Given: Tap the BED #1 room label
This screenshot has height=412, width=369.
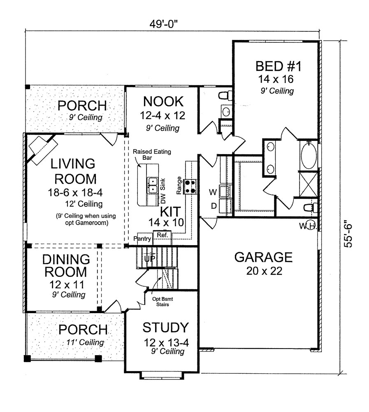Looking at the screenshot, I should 275,66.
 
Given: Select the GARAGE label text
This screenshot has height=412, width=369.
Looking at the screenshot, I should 263,257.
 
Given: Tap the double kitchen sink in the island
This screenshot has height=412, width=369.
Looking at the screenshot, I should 152,185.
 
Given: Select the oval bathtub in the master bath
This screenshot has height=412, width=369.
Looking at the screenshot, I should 309,156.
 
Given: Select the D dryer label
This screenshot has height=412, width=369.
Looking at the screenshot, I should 214,206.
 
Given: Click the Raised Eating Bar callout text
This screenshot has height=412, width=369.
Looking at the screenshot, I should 146,154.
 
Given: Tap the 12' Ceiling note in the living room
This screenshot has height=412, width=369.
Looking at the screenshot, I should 84,204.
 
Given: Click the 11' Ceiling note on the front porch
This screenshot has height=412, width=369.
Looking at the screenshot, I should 85,342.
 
